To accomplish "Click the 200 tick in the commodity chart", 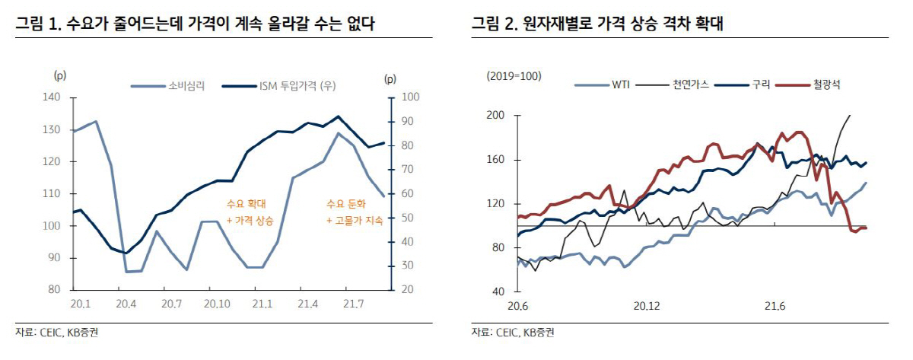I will tap(495, 115).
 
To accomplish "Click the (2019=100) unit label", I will tap(514, 77).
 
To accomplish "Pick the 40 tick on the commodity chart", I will tap(498, 292).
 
